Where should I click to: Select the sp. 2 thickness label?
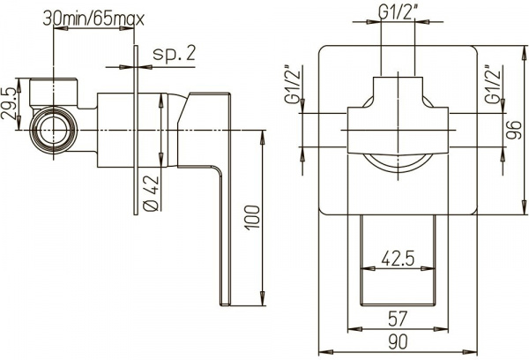tap(173, 54)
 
